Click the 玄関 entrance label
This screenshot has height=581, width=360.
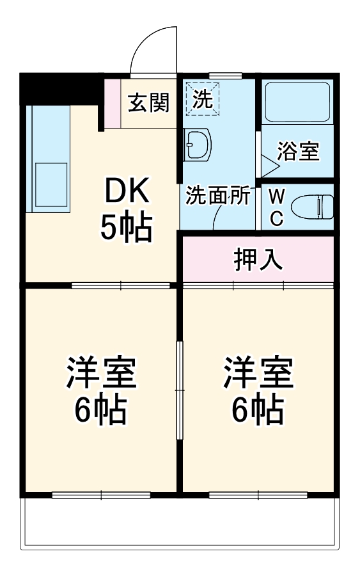click(148, 102)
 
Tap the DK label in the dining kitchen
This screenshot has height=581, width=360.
click(126, 190)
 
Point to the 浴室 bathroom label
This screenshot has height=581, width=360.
click(298, 152)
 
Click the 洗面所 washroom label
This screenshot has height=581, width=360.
click(217, 196)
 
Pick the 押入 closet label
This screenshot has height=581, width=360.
click(258, 260)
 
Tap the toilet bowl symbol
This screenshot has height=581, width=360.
click(312, 207)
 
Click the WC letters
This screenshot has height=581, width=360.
click(276, 207)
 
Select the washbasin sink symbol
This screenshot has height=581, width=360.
click(197, 145)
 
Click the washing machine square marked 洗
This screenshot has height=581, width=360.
click(201, 99)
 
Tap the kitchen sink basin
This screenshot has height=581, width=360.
click(51, 182)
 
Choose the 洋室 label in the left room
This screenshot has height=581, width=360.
click(101, 374)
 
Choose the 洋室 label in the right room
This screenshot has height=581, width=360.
click(258, 374)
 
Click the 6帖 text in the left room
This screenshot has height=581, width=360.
click(101, 411)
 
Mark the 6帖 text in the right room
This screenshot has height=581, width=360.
click(258, 411)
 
